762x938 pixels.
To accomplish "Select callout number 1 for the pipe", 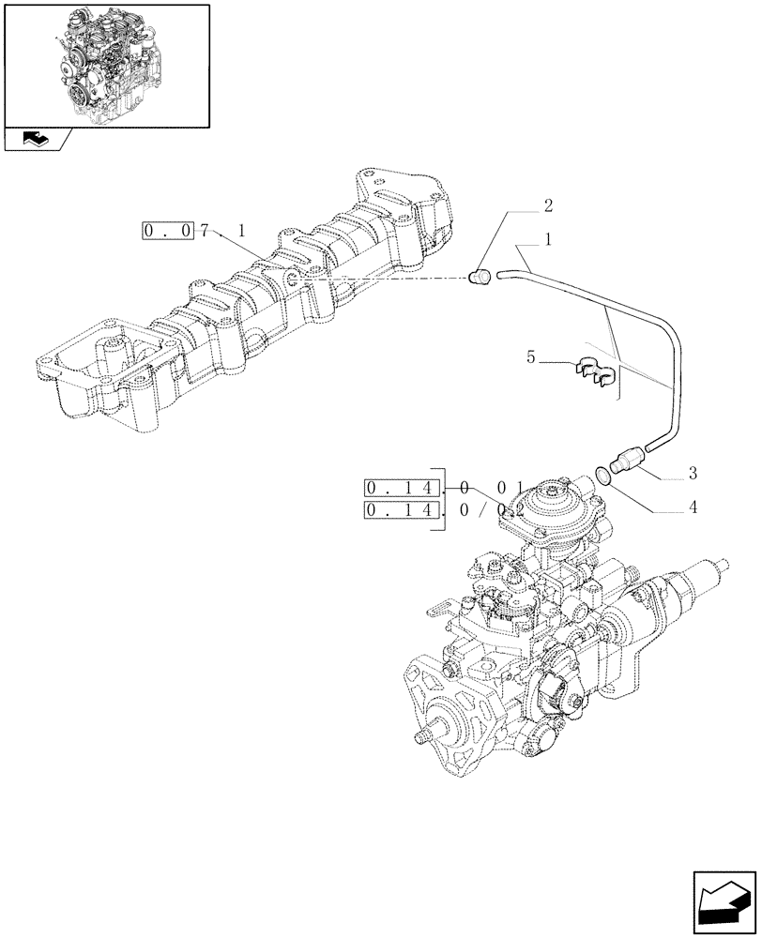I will coord(548,239).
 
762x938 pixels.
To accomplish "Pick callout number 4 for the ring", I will coord(692,509).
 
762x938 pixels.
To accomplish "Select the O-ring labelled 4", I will coord(604,476).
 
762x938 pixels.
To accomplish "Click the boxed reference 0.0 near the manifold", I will coord(169,230).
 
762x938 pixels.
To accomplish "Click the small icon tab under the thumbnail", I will coord(35,139).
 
